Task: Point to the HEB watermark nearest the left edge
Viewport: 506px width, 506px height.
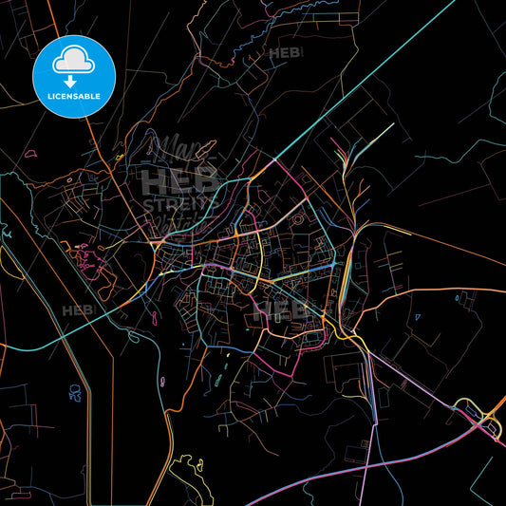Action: click(x=78, y=310)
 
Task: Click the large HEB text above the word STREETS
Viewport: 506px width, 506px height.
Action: click(x=179, y=180)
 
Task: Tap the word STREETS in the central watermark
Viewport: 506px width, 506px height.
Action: click(x=179, y=203)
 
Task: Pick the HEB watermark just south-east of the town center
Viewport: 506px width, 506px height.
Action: click(x=290, y=309)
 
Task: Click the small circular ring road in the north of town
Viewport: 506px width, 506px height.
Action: click(x=296, y=219)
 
